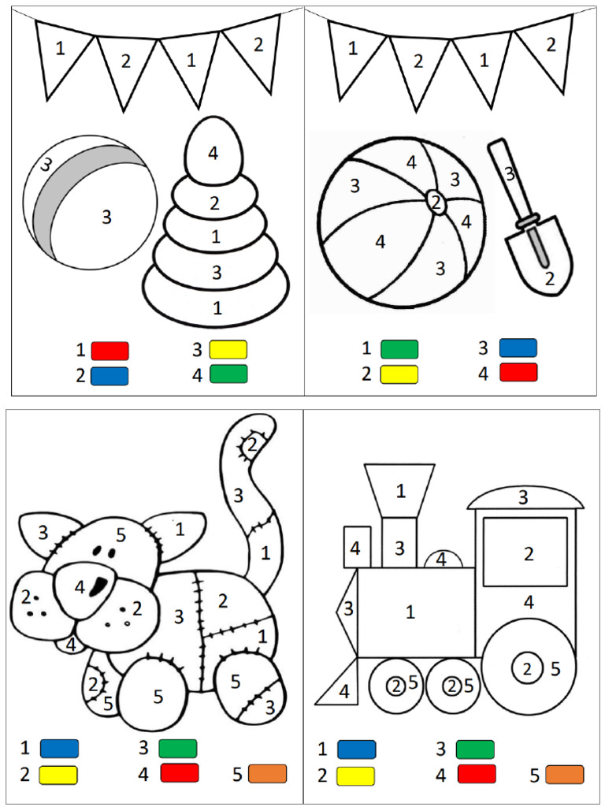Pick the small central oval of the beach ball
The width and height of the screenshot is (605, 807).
tap(436, 202)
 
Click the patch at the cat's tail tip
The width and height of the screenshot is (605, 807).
tap(251, 444)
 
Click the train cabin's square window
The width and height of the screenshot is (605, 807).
tap(525, 552)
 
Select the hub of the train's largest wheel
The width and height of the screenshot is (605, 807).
tap(527, 668)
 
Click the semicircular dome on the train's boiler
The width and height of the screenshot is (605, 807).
tap(443, 559)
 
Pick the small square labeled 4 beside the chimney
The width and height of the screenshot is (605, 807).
tap(357, 548)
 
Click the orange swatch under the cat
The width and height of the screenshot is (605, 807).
tap(268, 774)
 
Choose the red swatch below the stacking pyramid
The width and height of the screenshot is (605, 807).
tap(109, 351)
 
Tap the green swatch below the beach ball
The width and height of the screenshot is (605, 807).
tap(399, 349)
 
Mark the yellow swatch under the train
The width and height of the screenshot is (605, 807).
tap(355, 775)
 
